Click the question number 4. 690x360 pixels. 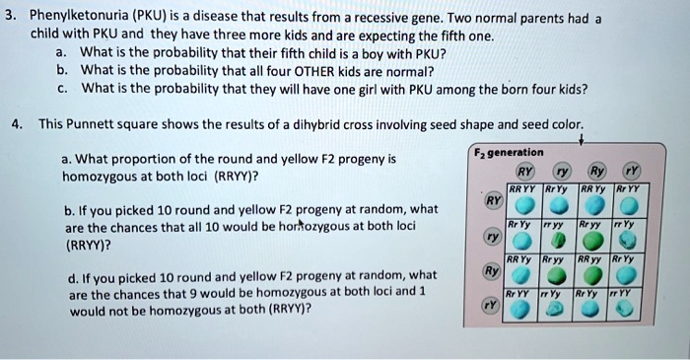(14, 124)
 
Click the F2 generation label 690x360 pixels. (509, 152)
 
